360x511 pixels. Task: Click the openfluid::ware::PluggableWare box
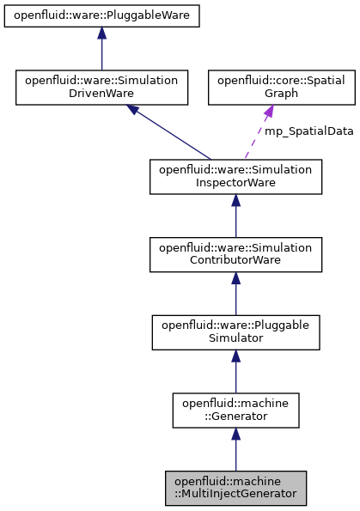(x=101, y=15)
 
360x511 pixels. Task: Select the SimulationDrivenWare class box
(x=101, y=88)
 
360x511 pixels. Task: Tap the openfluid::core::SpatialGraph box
(x=268, y=88)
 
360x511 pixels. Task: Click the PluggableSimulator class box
(x=235, y=332)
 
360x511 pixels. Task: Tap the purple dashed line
(x=255, y=137)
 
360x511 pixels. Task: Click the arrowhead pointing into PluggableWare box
(x=101, y=33)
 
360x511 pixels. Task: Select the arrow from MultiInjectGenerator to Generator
(x=235, y=450)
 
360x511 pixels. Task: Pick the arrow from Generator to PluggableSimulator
(x=235, y=372)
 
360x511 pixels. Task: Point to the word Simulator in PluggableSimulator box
(x=235, y=338)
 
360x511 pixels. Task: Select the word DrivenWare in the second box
(x=101, y=94)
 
